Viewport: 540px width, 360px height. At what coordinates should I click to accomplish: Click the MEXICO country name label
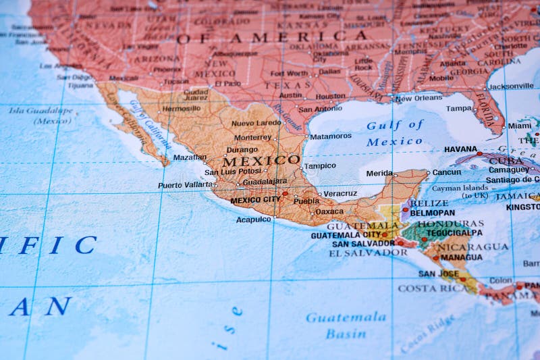[x=261, y=161]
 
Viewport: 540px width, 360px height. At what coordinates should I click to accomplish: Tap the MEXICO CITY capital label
[x=254, y=201]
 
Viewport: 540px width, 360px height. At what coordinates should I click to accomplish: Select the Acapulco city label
[x=253, y=220]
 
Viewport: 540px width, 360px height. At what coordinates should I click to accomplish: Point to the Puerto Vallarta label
[x=184, y=185]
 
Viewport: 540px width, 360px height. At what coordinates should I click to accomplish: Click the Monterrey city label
[x=252, y=137]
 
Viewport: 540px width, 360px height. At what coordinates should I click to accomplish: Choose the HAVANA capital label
[x=460, y=149]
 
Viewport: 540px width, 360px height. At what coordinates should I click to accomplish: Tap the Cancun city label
[x=446, y=172]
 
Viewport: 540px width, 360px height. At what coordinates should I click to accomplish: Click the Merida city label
[x=379, y=173]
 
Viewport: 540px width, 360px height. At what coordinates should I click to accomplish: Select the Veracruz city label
[x=340, y=194]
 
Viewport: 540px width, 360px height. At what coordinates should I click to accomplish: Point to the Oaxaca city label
[x=329, y=211]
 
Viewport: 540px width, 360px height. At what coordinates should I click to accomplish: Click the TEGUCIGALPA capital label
[x=454, y=233]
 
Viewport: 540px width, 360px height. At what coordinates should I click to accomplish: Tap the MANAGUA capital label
[x=461, y=257]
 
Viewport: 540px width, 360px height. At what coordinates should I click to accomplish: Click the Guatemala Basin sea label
[x=346, y=325]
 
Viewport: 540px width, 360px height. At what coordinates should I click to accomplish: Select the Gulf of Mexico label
[x=395, y=133]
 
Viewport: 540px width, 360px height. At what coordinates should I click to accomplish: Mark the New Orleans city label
[x=418, y=99]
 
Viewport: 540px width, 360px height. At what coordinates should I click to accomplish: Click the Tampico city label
[x=319, y=165]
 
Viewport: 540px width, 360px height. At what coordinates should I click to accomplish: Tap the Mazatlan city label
[x=190, y=157]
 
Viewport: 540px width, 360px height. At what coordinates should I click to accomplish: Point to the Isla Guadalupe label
[x=40, y=111]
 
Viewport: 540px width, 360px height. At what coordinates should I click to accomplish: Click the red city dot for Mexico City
[x=285, y=194]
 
